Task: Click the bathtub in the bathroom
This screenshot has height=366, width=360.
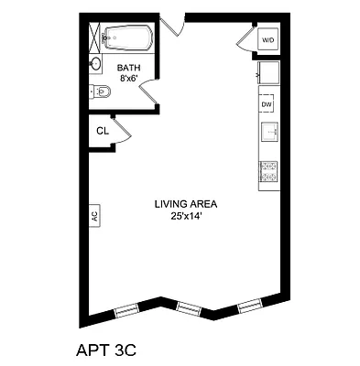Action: pos(126,39)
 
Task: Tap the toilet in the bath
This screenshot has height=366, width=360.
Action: pos(102,91)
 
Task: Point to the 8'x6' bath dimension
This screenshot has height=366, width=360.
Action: pos(128,79)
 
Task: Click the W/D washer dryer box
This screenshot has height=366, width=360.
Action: pos(268,40)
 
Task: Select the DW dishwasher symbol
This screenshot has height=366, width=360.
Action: pos(267,104)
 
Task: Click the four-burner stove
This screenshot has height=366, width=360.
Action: pos(268,171)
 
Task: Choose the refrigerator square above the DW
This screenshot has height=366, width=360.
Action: pos(267,73)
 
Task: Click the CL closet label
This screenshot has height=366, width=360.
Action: pos(104,131)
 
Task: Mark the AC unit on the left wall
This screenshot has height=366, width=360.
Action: pos(93,216)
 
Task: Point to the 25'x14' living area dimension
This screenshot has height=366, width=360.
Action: pos(185,216)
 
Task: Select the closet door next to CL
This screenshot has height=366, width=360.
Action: pos(123,129)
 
